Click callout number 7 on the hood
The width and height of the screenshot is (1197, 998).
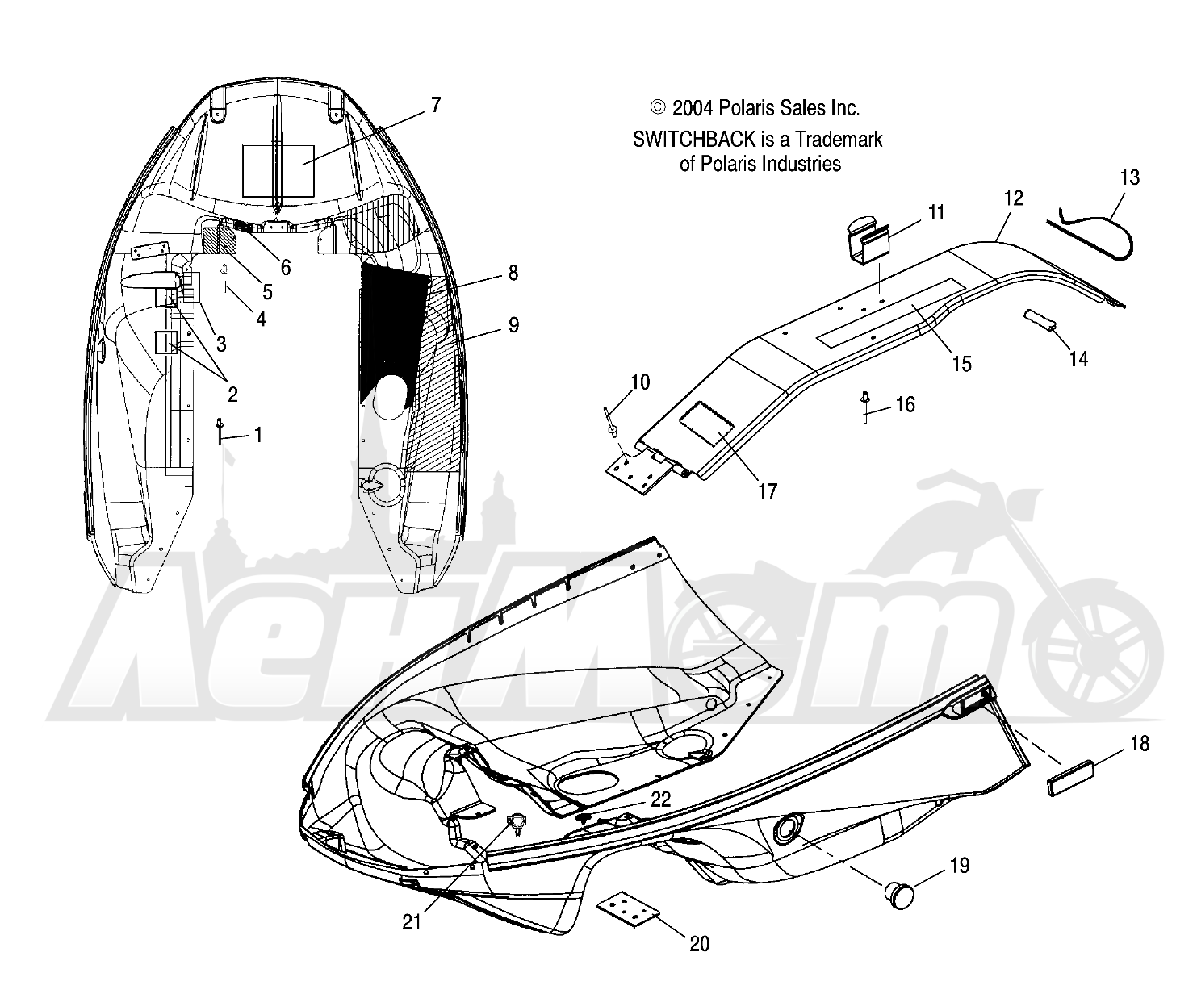(x=436, y=106)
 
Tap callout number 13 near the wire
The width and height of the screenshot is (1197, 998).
(x=1130, y=177)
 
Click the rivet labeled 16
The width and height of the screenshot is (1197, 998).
(x=864, y=407)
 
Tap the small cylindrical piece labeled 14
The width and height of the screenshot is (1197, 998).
(x=1040, y=319)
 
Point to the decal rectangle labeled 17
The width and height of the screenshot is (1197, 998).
(x=706, y=424)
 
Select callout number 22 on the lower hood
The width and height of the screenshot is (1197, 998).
(x=660, y=800)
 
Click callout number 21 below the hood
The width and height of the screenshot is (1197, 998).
(x=411, y=922)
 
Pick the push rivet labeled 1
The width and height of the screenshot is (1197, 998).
(x=220, y=431)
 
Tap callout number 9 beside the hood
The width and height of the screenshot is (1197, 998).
(x=513, y=325)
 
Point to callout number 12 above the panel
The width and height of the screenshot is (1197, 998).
(x=1014, y=198)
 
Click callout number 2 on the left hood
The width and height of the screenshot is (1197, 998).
(x=232, y=395)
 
